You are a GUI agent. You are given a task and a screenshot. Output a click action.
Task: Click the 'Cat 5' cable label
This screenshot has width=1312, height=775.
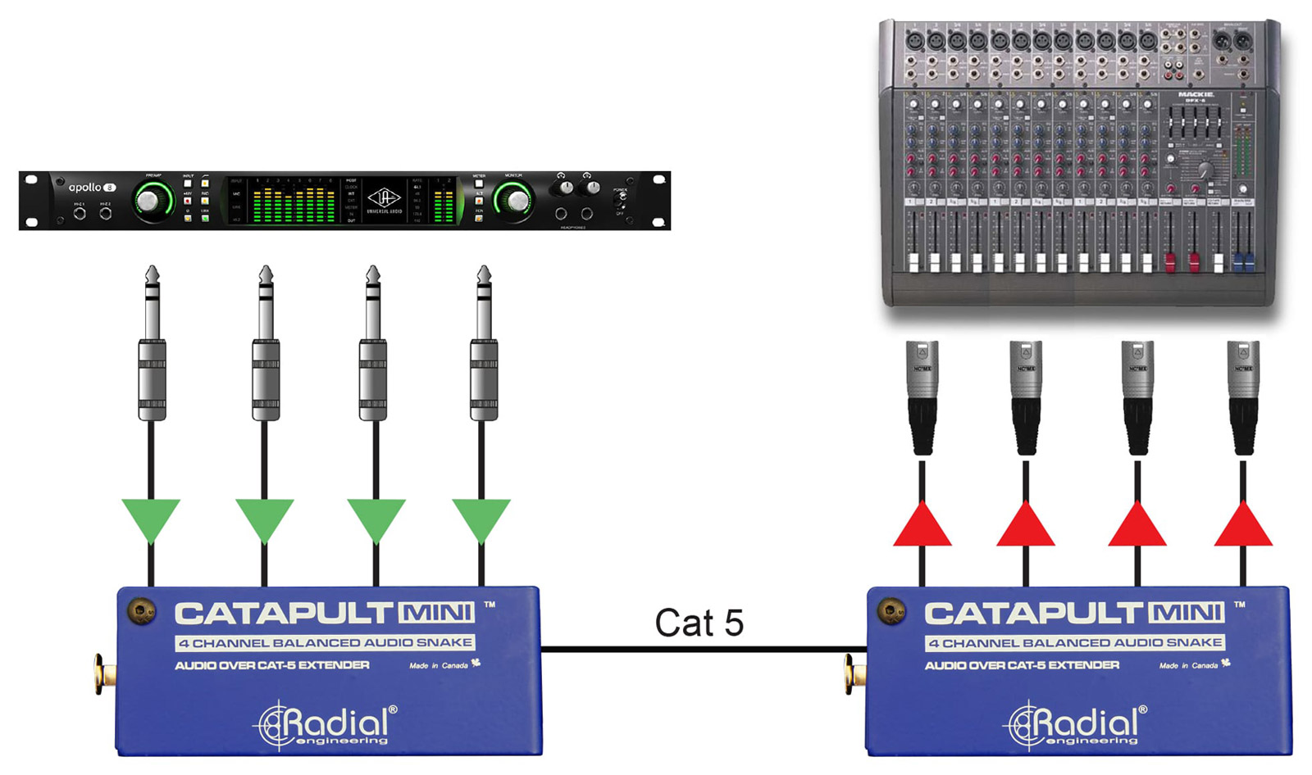tap(699, 623)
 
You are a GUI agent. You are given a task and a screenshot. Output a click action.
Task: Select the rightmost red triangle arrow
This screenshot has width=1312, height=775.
tap(1243, 526)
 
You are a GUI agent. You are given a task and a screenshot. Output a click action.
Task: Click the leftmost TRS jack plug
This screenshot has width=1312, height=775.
tap(152, 344)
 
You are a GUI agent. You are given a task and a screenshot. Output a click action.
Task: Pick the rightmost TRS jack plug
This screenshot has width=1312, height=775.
tap(484, 344)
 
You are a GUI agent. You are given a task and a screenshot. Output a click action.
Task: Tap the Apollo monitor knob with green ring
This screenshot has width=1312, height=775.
tap(513, 201)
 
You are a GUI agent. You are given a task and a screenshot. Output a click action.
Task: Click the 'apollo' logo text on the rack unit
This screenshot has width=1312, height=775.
tap(85, 188)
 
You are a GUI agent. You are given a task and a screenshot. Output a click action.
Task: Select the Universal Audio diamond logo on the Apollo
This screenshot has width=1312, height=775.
tap(383, 197)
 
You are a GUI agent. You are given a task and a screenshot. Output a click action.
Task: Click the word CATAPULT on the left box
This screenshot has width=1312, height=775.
tap(284, 613)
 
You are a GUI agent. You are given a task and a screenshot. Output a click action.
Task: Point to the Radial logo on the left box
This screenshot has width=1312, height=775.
tap(326, 724)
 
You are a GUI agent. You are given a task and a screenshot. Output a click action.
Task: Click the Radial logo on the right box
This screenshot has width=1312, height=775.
tap(1076, 724)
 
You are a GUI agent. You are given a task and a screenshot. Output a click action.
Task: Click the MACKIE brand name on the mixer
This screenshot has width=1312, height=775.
tap(1196, 95)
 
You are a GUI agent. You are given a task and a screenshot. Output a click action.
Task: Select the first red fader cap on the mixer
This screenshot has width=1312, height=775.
tap(1170, 262)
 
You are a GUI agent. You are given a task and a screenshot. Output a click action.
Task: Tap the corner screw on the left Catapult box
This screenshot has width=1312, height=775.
tap(142, 611)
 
